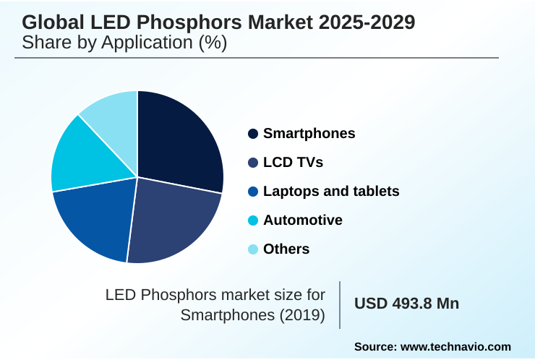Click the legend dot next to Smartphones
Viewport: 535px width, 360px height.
(x=253, y=134)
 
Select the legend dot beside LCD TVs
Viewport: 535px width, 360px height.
(x=253, y=163)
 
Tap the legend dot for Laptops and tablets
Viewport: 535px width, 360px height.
(x=253, y=192)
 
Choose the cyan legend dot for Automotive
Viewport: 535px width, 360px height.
(x=253, y=220)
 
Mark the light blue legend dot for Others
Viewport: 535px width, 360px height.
(x=253, y=249)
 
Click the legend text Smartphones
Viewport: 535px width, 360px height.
(x=309, y=134)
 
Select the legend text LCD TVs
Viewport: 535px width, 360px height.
(x=293, y=163)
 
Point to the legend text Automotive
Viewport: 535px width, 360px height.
(x=303, y=220)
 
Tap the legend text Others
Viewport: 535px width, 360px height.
(x=286, y=249)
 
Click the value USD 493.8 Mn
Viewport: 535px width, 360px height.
(x=406, y=304)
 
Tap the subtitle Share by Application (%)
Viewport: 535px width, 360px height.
(x=124, y=43)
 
